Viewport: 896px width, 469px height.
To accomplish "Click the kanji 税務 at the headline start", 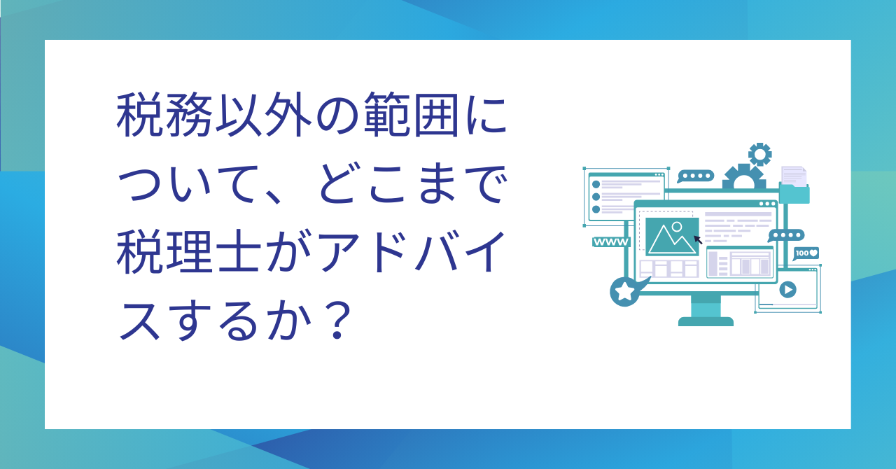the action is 164,115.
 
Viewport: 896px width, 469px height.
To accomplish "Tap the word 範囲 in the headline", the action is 411,115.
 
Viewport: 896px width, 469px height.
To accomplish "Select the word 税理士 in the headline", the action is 189,252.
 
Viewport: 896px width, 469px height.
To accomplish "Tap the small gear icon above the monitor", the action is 760,154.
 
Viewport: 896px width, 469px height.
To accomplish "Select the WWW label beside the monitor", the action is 611,242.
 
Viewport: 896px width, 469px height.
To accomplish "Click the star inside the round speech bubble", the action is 624,291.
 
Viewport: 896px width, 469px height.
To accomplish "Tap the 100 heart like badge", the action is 806,253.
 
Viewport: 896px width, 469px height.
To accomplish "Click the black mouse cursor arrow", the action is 698,239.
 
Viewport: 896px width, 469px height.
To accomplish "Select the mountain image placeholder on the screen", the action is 672,237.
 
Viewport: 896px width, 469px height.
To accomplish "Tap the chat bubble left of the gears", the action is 696,176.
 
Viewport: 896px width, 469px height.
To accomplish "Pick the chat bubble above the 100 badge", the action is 786,235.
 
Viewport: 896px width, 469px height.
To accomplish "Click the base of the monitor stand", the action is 706,321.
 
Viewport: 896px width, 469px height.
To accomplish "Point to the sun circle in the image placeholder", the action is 677,227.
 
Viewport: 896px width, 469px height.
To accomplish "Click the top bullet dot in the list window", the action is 596,184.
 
